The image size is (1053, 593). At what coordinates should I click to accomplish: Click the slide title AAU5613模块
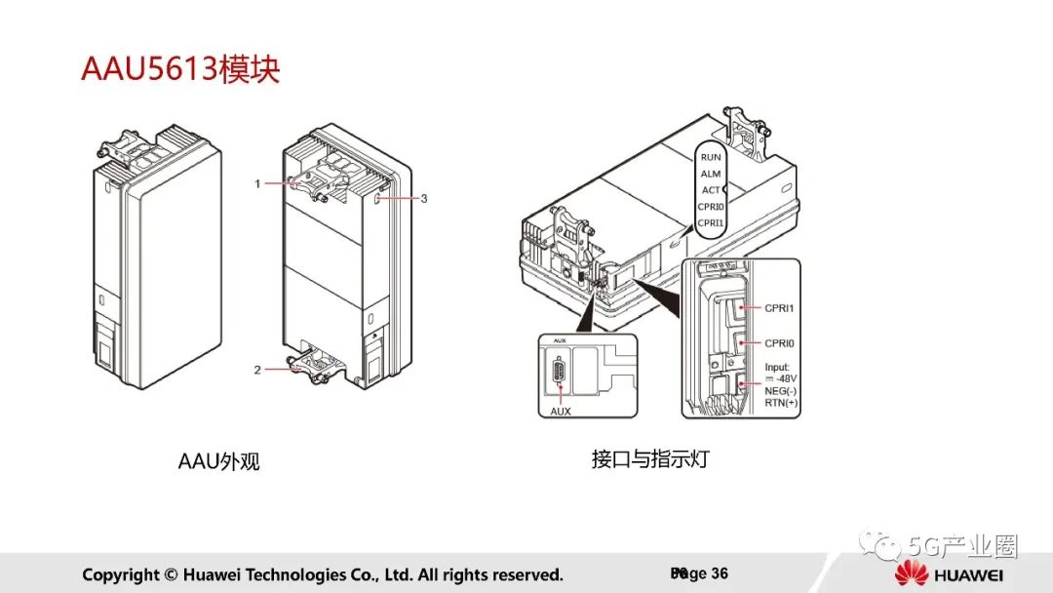coord(180,71)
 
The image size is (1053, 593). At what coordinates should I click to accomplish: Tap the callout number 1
coord(257,183)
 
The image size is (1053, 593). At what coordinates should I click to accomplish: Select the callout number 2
coord(257,370)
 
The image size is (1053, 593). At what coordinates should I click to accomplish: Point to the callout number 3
coord(424,198)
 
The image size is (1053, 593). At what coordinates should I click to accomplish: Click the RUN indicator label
coord(711,157)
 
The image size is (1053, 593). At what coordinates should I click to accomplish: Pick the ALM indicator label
coord(711,174)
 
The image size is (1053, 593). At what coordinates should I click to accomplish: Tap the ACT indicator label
coord(711,190)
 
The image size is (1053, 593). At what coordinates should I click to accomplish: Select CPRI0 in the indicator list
coord(711,207)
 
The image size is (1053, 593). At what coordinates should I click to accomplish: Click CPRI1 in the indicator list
coord(711,223)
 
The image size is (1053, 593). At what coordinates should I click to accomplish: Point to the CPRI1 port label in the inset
coord(780,308)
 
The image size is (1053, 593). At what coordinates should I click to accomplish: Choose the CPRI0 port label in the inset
coord(780,343)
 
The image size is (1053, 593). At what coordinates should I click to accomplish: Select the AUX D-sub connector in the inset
coord(559,374)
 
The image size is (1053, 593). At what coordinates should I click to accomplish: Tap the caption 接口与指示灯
coord(650,458)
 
